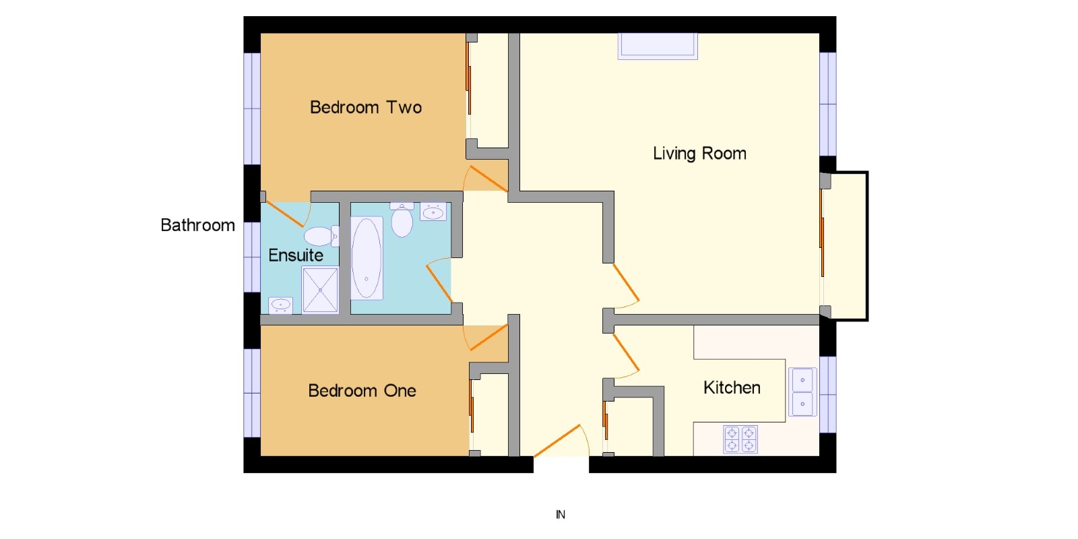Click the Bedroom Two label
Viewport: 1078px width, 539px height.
366,107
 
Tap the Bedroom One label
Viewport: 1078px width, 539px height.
362,390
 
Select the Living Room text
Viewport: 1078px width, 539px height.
699,154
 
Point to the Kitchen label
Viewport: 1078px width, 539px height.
732,387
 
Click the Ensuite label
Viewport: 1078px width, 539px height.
296,255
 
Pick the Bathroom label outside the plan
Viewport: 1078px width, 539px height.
197,225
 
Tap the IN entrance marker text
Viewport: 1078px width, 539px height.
561,515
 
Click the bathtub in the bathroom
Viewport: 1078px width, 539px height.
367,259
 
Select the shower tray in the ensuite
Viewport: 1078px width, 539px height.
320,290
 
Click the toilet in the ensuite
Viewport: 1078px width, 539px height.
321,236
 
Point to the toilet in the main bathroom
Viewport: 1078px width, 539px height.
402,220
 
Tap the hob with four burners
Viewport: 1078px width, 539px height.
740,439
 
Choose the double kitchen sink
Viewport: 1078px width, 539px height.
802,391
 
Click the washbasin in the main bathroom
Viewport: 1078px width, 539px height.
433,212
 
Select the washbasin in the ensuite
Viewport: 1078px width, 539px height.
280,305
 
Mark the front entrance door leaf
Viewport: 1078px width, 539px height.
557,441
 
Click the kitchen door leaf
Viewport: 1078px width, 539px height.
626,353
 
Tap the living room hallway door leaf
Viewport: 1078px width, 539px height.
626,282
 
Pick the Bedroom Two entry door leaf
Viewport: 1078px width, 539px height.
488,179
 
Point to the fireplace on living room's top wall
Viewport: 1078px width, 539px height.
658,46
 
